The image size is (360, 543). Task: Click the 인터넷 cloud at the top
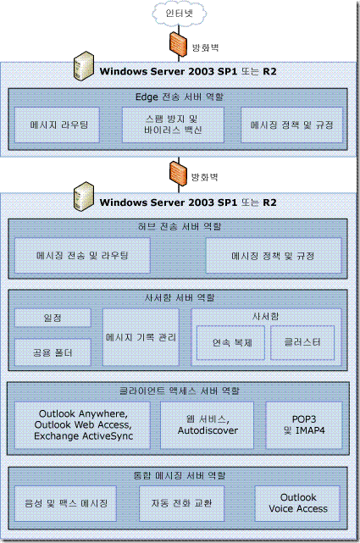coord(179,14)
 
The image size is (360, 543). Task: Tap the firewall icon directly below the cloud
coord(178,44)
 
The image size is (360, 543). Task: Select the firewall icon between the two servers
coord(178,175)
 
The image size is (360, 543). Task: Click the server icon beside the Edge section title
coord(84,66)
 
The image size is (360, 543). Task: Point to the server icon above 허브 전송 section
coord(84,197)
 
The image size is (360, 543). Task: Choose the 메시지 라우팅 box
coord(57,125)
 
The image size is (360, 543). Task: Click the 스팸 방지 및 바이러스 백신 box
coord(173,125)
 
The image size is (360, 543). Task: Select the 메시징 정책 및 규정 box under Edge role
coord(291,125)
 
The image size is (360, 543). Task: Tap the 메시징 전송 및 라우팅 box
coord(82,256)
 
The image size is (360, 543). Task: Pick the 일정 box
coord(53,318)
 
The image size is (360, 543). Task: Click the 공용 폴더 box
coord(53,352)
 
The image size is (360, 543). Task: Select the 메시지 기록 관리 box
coord(141,337)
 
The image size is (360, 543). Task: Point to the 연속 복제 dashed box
coord(231,342)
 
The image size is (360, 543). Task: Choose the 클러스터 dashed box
coord(302,342)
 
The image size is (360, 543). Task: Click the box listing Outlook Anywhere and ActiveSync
coord(82,425)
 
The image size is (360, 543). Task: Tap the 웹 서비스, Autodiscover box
coord(207,425)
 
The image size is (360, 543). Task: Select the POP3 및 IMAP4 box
coord(304,425)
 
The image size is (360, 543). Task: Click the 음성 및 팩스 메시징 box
coord(65,503)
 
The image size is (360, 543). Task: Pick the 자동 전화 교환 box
coord(182,503)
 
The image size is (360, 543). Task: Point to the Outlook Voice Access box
coord(297,503)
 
